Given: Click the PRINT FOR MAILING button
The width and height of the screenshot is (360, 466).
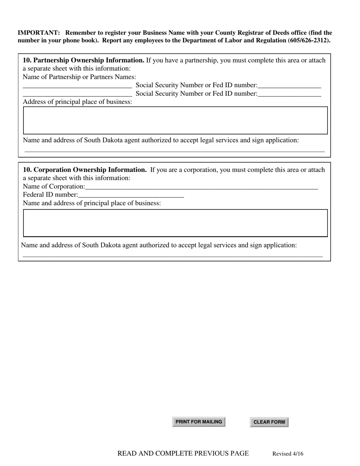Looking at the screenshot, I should coord(199,422).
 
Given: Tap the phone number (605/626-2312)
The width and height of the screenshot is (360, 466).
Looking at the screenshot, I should coord(308,40).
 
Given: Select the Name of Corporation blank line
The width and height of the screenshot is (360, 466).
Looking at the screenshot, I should coord(201,186).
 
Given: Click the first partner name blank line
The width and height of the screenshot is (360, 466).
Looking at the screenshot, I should coord(77,85).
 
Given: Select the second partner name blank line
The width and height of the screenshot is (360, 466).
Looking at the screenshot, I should coord(77,94).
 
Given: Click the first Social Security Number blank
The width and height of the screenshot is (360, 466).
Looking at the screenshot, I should coord(289,85).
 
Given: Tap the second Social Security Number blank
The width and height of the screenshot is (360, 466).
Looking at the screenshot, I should coord(289,94).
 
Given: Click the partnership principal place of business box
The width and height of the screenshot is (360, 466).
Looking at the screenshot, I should coord(175,120).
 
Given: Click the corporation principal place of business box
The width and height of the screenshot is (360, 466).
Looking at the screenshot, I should coord(175,223).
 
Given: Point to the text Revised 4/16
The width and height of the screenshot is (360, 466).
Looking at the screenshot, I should coord(288,454).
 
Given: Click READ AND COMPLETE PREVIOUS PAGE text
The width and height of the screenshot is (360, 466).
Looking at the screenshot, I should coord(183,453).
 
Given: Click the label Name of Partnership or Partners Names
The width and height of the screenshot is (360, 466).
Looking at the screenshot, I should coord(79,77).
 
